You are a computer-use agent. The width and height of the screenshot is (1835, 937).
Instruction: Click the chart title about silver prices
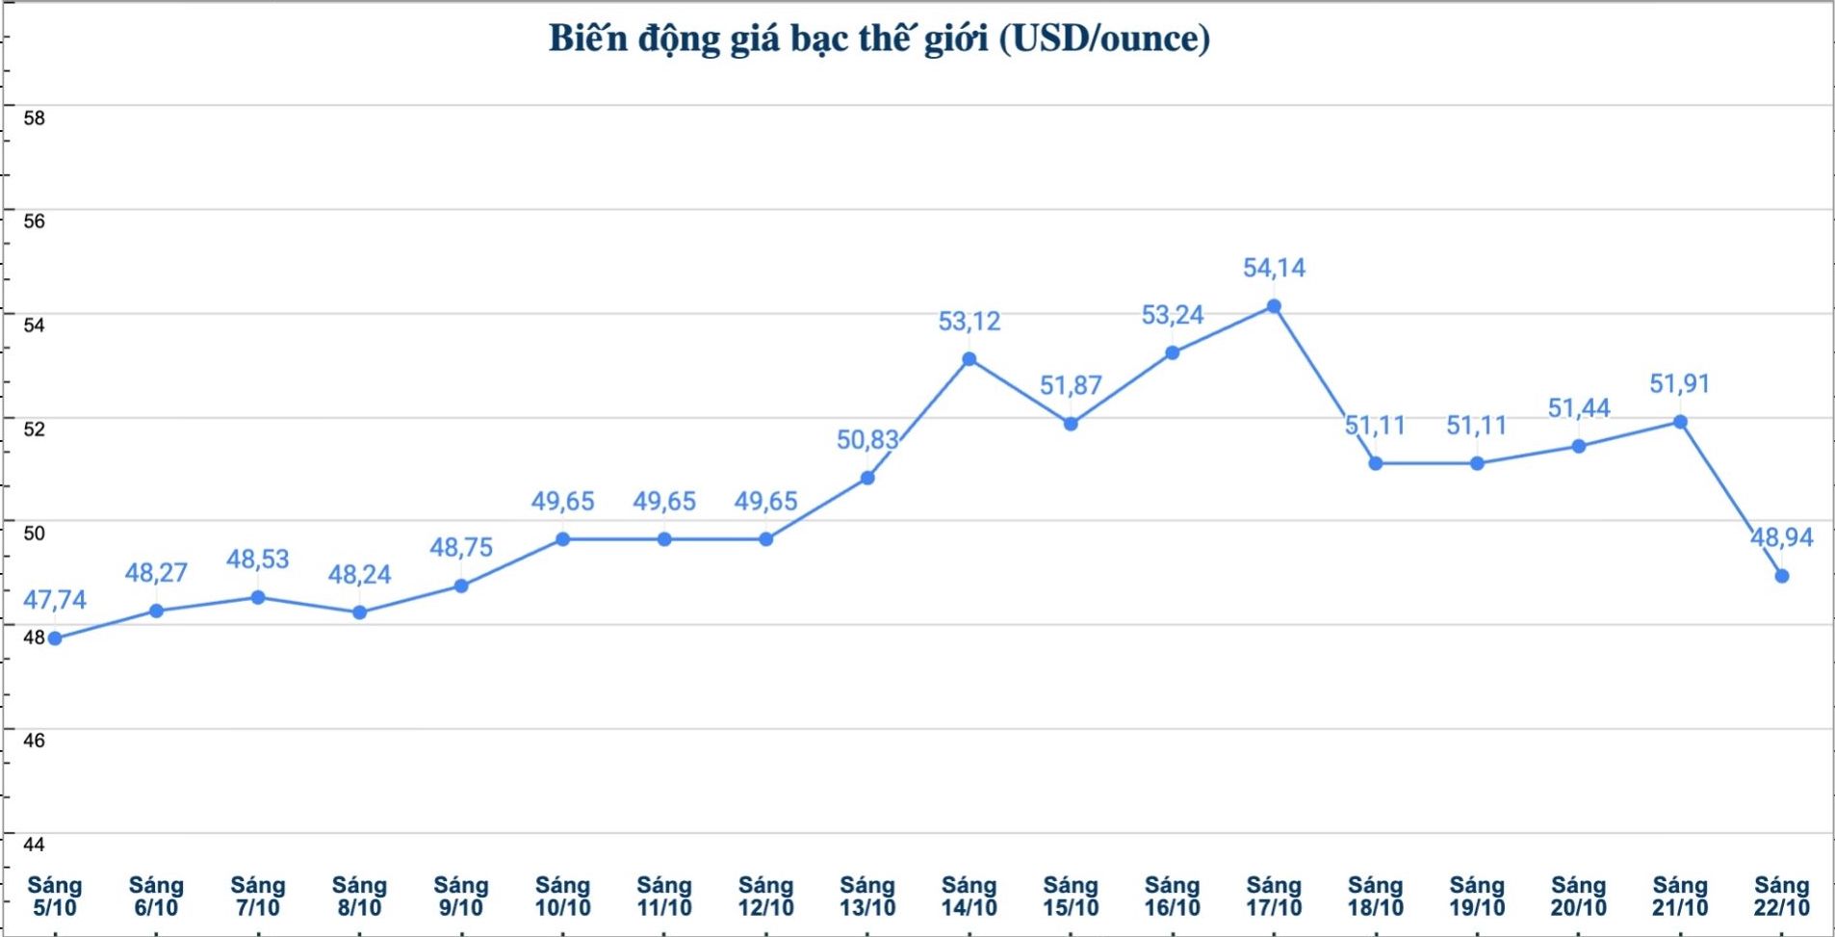(879, 39)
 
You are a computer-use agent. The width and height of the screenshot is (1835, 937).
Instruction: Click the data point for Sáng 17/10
(1274, 306)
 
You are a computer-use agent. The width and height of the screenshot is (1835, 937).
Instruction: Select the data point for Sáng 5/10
(55, 638)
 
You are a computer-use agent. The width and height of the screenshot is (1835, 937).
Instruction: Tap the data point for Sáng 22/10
(1782, 576)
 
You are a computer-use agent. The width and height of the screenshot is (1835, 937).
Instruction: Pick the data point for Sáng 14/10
(969, 359)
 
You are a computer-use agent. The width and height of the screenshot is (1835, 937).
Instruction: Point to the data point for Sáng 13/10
(867, 478)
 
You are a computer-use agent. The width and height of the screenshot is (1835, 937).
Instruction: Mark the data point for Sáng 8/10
(360, 612)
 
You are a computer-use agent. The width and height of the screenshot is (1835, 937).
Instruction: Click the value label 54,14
(1274, 268)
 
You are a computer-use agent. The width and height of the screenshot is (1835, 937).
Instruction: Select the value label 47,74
(55, 600)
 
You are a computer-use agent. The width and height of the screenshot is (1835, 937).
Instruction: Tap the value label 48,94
(1781, 537)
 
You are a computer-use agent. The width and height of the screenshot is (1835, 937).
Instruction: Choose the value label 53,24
(1173, 315)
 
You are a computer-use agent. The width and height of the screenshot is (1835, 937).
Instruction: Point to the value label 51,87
(1071, 385)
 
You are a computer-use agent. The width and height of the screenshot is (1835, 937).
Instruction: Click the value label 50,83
(867, 440)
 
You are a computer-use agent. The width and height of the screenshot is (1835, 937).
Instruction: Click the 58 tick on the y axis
(35, 118)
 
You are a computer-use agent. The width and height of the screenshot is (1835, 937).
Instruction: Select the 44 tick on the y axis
(35, 845)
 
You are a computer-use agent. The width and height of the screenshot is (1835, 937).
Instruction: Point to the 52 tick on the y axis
(35, 429)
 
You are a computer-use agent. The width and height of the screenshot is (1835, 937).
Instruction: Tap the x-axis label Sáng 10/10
(563, 896)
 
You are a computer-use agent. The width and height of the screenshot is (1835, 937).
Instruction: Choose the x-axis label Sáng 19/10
(1477, 896)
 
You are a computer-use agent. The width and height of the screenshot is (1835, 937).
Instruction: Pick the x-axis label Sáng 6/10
(156, 896)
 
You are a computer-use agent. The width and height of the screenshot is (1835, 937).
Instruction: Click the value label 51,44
(1579, 408)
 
